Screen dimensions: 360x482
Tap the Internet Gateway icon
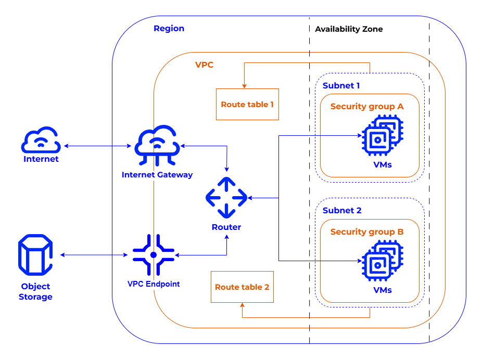[157, 146]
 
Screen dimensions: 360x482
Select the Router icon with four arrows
[226, 198]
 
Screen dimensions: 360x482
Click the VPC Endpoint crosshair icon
[153, 255]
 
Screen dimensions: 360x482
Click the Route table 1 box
[247, 105]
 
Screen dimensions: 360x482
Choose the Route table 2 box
[242, 287]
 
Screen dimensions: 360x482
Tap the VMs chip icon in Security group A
[382, 136]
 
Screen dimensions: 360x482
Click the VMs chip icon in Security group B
[382, 262]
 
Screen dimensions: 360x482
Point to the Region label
[169, 29]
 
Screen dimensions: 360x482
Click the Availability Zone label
[349, 29]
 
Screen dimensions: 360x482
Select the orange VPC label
[204, 65]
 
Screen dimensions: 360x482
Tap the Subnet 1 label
[341, 85]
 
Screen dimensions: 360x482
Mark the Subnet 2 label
[341, 211]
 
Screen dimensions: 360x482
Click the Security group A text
[367, 107]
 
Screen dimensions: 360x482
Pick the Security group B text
[367, 232]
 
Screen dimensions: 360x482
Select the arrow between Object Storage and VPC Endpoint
[94, 255]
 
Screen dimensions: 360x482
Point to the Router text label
[226, 227]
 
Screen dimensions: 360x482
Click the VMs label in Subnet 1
[383, 165]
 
